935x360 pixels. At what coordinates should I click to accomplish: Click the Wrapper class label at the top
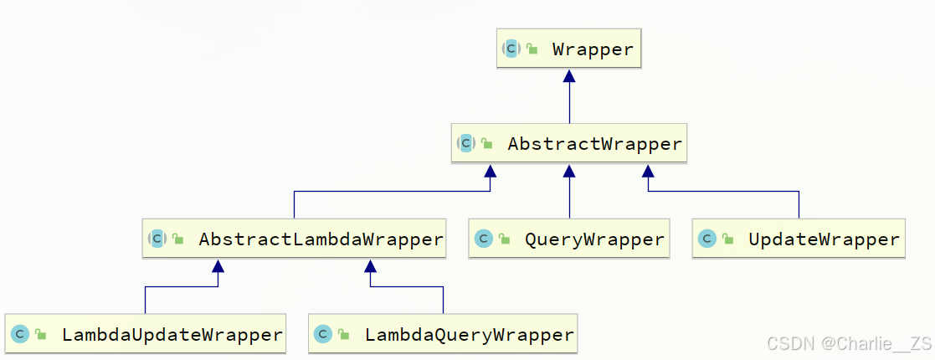[x=593, y=49]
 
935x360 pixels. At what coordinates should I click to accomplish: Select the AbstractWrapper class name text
[x=594, y=144]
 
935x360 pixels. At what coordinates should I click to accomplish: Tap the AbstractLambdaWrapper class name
[x=321, y=239]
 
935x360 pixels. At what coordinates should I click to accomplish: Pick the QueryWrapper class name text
[x=594, y=239]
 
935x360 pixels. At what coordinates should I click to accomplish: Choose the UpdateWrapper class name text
[x=824, y=239]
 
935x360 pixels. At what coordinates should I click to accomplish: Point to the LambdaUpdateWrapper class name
[x=172, y=335]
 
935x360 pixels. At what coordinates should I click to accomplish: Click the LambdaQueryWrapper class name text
[x=469, y=335]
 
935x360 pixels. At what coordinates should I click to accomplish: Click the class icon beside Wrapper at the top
[x=511, y=49]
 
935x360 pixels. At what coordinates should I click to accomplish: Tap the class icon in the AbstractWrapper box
[x=466, y=144]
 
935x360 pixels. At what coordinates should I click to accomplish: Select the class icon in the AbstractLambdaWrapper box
[x=157, y=239]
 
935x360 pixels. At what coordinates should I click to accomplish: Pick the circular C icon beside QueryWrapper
[x=483, y=239]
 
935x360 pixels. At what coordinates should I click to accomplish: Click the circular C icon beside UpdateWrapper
[x=707, y=239]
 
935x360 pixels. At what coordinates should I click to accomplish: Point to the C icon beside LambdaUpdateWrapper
[x=20, y=335]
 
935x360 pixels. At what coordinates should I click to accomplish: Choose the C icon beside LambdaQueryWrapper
[x=323, y=335]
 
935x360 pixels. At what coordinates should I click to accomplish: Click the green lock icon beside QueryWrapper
[x=504, y=240]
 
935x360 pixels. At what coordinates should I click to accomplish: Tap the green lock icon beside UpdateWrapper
[x=728, y=240]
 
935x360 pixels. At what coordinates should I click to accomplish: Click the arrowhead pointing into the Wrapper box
[x=570, y=76]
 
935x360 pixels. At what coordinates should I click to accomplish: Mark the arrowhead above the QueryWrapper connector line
[x=570, y=171]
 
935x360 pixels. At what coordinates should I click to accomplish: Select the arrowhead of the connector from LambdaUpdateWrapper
[x=218, y=266]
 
